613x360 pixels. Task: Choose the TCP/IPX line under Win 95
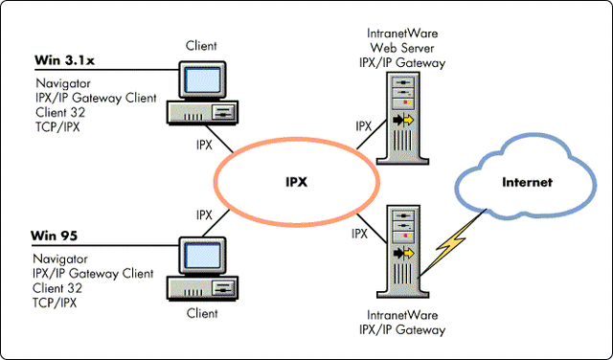(x=57, y=303)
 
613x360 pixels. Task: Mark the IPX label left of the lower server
(x=360, y=234)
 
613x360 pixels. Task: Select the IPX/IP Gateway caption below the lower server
(x=405, y=330)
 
